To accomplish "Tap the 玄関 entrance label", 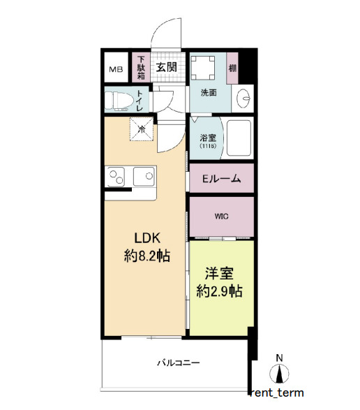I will click(x=165, y=68).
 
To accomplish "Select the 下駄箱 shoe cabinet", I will click(x=141, y=68).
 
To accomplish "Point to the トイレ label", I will click(x=140, y=101).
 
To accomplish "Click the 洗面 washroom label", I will click(x=209, y=91).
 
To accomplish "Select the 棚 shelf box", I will click(x=232, y=67).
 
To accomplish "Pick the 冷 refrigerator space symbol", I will click(x=142, y=129).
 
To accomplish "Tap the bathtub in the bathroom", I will click(x=239, y=139).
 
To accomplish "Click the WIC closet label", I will click(x=221, y=217).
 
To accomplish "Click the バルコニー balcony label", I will click(x=178, y=363).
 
